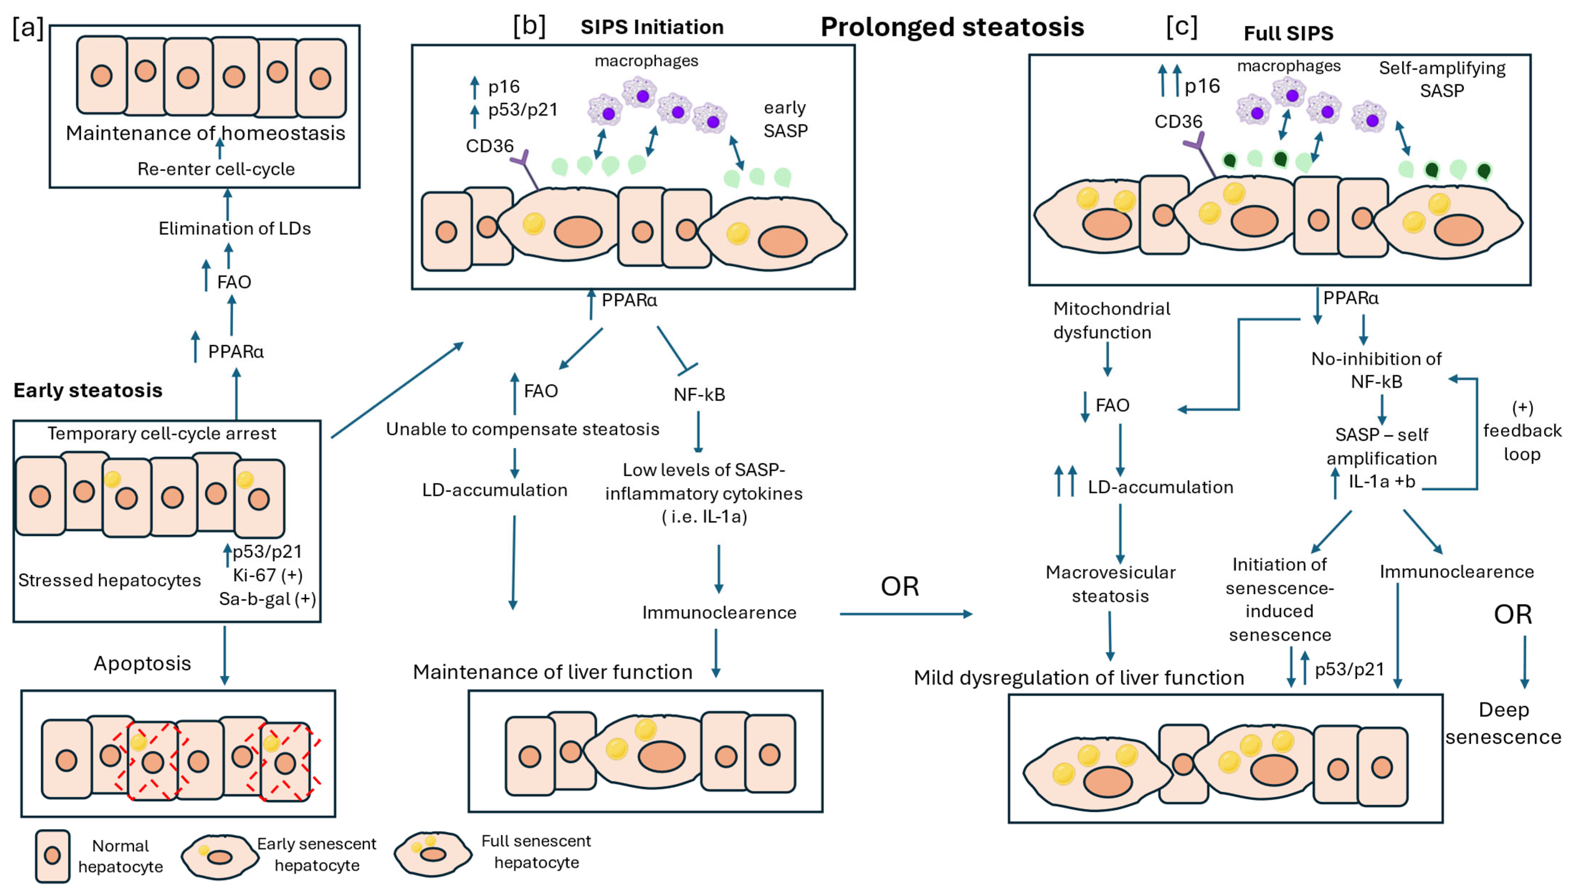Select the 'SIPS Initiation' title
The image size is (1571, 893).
pos(652,27)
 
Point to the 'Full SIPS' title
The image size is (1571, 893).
pos(1288,33)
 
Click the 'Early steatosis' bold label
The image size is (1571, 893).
pos(88,390)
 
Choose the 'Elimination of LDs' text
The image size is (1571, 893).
pos(234,229)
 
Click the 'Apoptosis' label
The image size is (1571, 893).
pos(142,664)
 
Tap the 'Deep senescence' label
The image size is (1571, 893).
pos(1504,723)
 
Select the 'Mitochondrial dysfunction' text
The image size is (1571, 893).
pos(1112,320)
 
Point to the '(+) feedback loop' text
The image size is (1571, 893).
pos(1522,431)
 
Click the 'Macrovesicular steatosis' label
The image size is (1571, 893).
pos(1111,584)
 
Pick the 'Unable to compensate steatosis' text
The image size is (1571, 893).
pos(522,429)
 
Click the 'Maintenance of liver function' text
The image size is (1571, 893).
pos(553,672)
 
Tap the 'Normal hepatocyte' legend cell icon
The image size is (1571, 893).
pos(52,856)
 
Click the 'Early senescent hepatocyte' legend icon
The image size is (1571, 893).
pos(220,856)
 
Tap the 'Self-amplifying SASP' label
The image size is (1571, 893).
pos(1442,79)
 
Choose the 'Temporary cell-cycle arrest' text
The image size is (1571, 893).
pos(162,434)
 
